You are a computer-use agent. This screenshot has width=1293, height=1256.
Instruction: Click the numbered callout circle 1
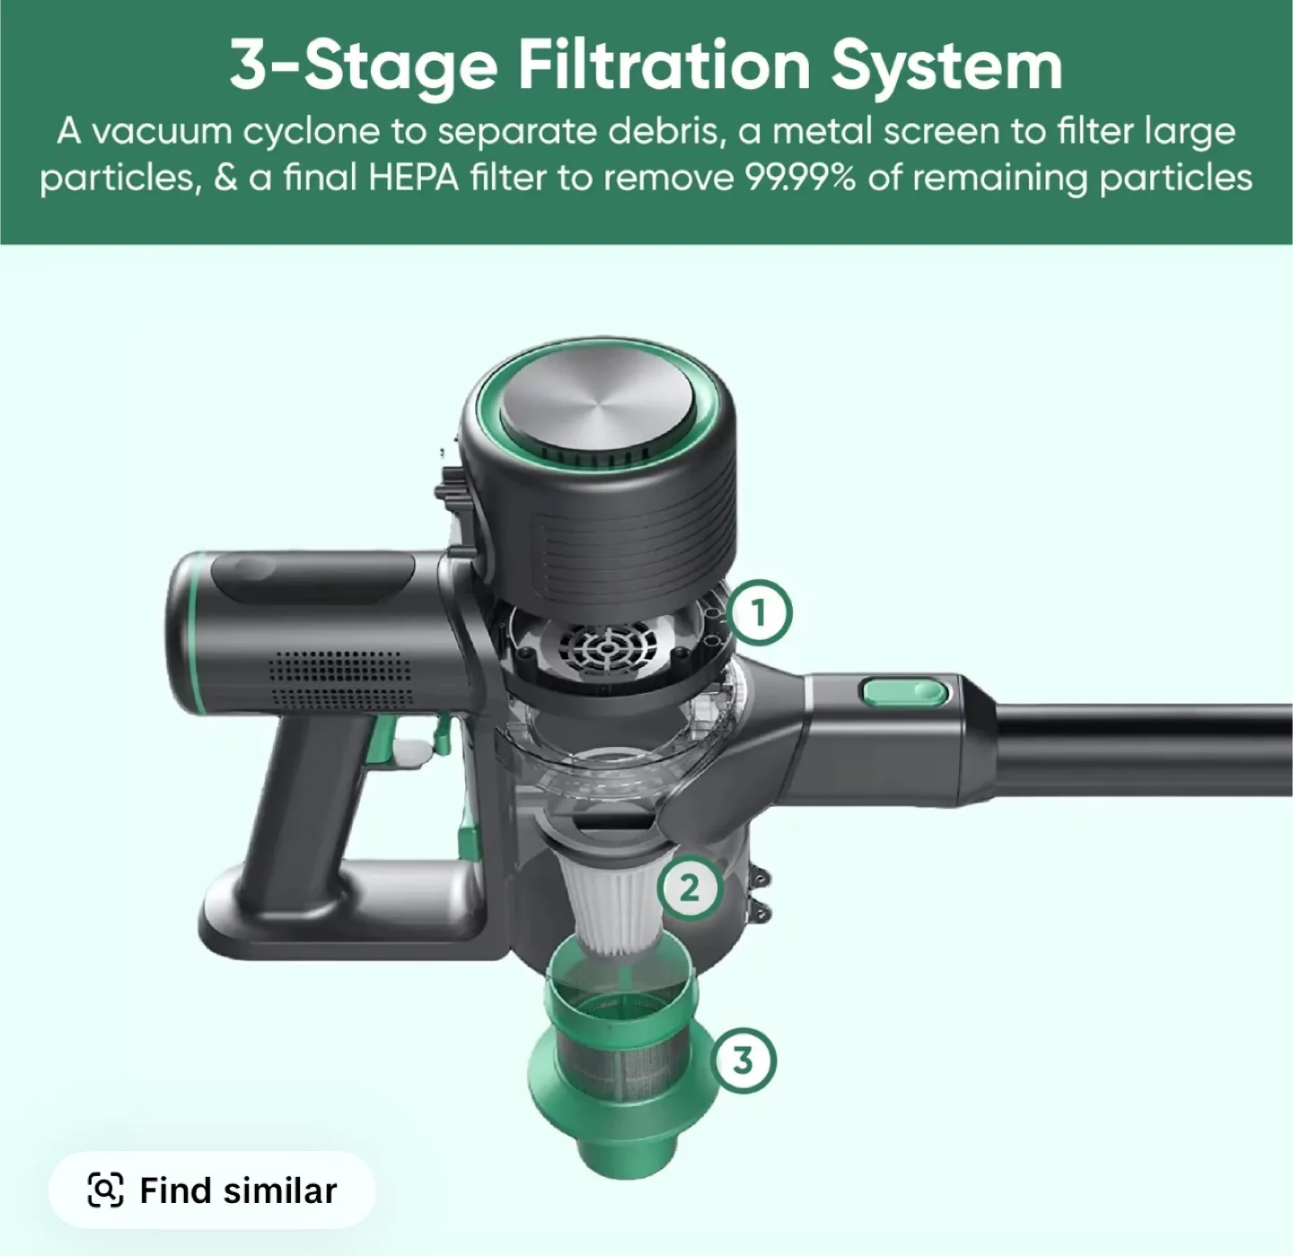coord(760,614)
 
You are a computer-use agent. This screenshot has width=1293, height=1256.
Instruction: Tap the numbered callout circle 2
coord(689,888)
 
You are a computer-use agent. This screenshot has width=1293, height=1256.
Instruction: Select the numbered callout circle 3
coord(743,1060)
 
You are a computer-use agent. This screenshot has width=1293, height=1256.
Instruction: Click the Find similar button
coord(212,1190)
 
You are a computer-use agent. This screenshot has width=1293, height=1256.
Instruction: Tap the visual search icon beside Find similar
coord(105,1190)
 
